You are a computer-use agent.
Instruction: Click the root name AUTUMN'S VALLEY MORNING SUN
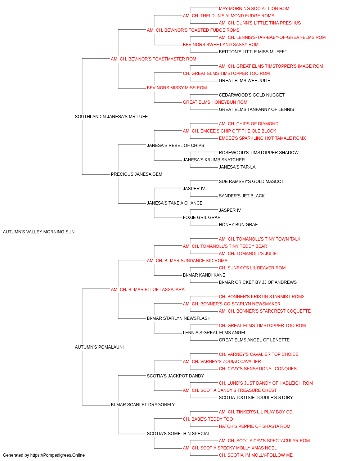[39, 232]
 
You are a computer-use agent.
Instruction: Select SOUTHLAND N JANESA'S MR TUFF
[111, 117]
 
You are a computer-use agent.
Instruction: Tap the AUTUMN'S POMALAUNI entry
[99, 347]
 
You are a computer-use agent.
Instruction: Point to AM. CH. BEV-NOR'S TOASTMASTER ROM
[153, 59]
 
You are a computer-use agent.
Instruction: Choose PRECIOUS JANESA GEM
[136, 174]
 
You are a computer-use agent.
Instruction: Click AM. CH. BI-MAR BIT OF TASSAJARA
[148, 289]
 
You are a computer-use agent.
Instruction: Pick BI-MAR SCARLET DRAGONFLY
[143, 404]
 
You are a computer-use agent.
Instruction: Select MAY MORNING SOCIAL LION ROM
[254, 9]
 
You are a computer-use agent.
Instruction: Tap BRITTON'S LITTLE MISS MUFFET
[253, 52]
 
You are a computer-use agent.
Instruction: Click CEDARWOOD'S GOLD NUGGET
[252, 95]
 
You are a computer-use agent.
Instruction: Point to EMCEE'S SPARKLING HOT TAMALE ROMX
[262, 138]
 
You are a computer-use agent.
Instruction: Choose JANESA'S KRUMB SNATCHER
[214, 160]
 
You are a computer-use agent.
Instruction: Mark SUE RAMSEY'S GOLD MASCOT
[251, 182]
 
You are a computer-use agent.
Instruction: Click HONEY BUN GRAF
[238, 225]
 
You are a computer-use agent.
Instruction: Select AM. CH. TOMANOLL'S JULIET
[249, 253]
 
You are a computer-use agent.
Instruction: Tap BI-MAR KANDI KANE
[204, 275]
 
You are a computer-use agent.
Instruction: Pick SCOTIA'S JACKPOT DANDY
[175, 376]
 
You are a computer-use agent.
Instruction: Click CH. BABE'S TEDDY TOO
[208, 419]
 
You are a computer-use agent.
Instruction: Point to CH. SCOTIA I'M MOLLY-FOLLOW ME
[256, 455]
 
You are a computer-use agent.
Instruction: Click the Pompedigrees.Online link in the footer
[58, 455]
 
